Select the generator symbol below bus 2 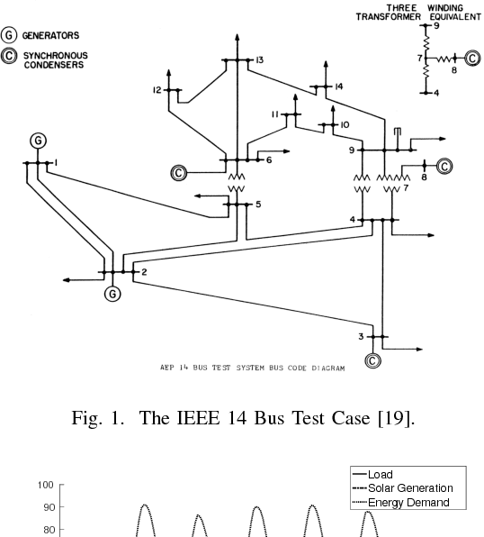[112, 293]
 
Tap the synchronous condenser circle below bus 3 [372, 360]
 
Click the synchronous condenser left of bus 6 [178, 172]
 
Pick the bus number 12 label [157, 90]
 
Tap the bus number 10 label [345, 124]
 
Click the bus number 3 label [361, 336]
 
